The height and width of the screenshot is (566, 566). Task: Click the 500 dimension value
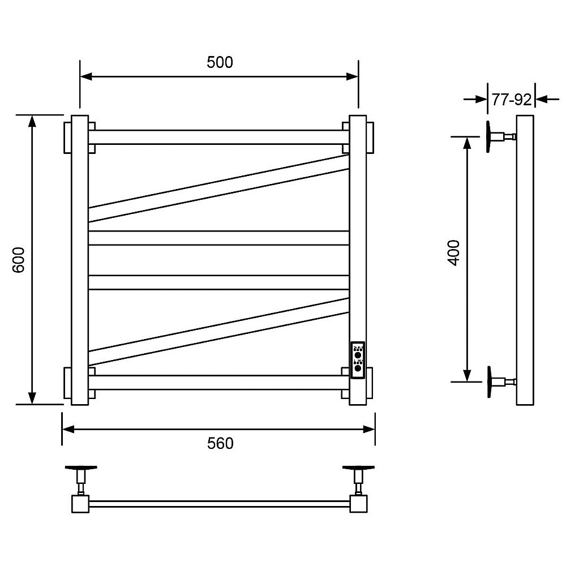click(220, 62)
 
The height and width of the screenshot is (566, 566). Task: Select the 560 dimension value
click(220, 443)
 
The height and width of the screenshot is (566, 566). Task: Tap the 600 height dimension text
click(19, 260)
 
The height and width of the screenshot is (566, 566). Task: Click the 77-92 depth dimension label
click(512, 100)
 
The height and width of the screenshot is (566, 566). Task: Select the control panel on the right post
click(358, 360)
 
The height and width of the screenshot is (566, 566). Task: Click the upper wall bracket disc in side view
click(488, 136)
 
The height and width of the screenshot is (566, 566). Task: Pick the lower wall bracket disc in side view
click(489, 382)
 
